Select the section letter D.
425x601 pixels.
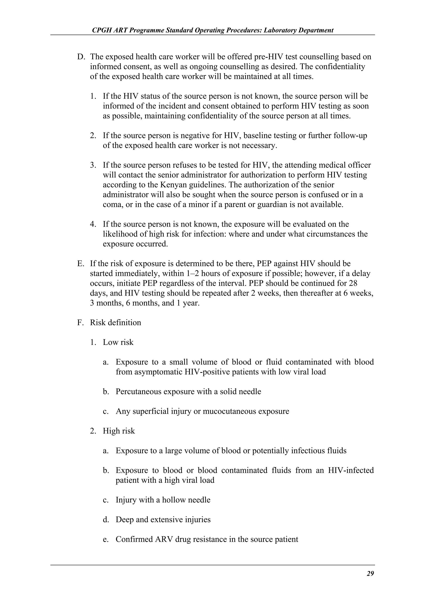point(80,57)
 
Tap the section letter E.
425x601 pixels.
point(80,264)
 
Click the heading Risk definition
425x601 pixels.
point(115,322)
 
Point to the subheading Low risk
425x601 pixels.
point(118,342)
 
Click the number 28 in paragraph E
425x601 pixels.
point(353,283)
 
